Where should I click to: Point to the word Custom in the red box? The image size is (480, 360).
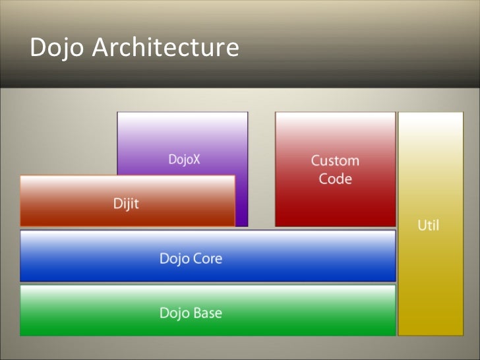(335, 160)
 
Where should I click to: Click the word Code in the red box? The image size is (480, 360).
(335, 179)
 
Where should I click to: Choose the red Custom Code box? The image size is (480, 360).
(335, 204)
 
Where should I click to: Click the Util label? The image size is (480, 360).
(429, 226)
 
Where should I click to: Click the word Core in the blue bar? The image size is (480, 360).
(207, 258)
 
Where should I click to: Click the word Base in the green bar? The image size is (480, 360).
(208, 313)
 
